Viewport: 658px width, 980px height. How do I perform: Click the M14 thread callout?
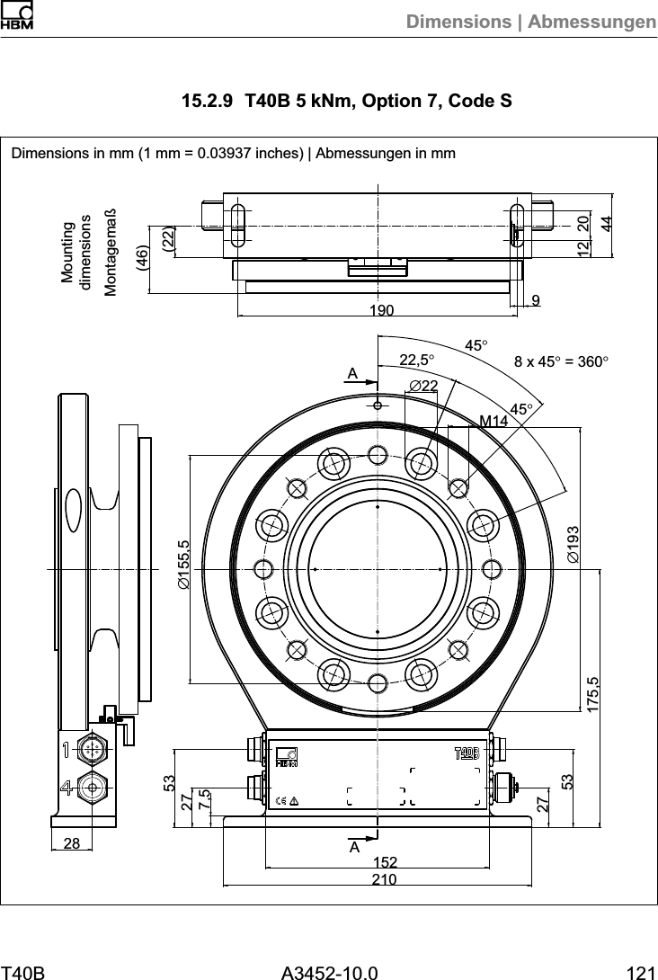click(493, 420)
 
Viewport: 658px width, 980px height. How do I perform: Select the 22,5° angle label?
click(417, 360)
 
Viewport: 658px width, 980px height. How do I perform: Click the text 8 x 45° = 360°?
click(562, 361)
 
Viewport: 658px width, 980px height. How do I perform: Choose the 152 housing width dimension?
click(385, 863)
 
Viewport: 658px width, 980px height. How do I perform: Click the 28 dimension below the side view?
click(72, 842)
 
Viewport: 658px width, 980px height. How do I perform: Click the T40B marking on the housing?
click(467, 751)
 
